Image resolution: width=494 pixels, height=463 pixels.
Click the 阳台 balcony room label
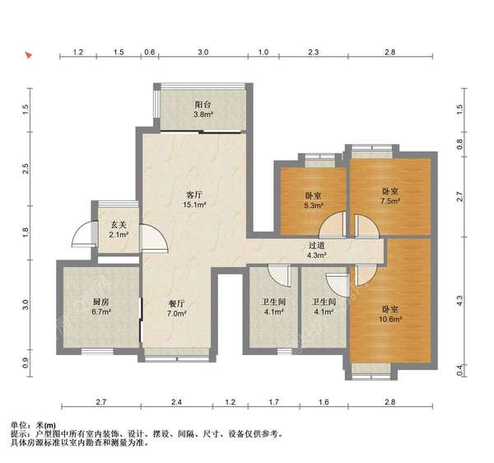click(x=203, y=105)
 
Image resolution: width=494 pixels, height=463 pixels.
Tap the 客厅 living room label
click(x=193, y=194)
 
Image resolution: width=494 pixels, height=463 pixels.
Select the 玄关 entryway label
click(x=119, y=224)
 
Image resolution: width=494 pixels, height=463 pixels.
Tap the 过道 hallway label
click(x=316, y=245)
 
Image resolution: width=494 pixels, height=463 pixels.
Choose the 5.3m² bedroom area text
click(x=313, y=207)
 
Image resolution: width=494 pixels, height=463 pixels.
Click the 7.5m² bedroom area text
click(x=389, y=200)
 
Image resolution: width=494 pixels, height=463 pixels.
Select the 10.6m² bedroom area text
click(x=389, y=320)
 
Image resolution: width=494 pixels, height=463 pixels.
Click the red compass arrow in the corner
click(x=28, y=56)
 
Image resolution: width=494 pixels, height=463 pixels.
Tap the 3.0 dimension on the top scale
click(x=203, y=52)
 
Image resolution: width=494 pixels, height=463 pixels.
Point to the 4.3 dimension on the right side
click(x=460, y=302)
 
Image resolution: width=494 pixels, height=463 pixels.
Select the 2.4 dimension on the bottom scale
click(x=175, y=402)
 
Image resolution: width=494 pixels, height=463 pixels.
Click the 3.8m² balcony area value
click(x=203, y=115)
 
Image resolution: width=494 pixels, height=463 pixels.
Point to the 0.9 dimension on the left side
click(x=26, y=362)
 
